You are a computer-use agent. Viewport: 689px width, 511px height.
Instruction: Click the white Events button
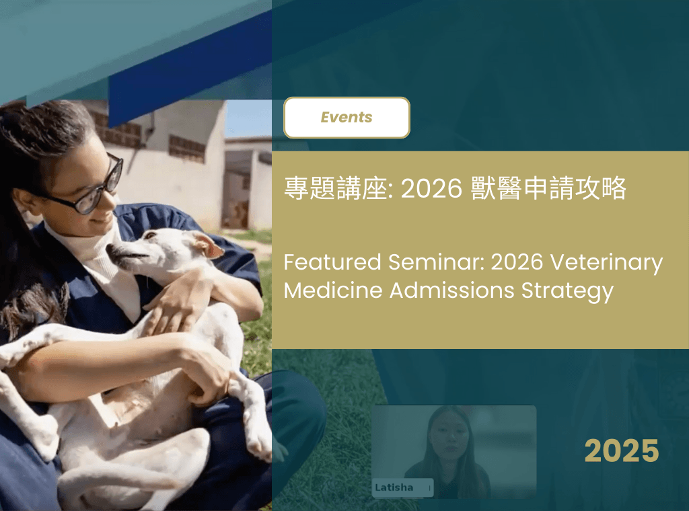coord(347,118)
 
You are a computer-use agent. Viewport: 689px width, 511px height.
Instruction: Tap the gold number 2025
coord(621,451)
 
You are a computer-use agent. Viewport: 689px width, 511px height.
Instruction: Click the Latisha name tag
coord(402,487)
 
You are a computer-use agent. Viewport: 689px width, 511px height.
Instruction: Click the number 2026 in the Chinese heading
coord(431,189)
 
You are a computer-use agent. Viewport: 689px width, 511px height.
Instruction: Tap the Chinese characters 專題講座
coord(336,188)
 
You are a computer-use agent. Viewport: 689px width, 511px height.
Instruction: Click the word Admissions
coord(451,290)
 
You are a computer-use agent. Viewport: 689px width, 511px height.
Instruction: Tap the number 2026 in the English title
coord(517,262)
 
